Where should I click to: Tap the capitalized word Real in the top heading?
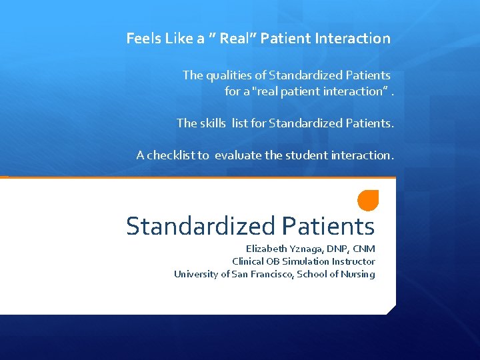click(x=234, y=39)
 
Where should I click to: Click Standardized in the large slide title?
click(x=201, y=227)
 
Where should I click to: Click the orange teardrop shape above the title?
click(x=367, y=200)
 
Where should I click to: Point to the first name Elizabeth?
click(x=265, y=249)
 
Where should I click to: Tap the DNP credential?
click(x=337, y=249)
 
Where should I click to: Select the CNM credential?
click(x=364, y=249)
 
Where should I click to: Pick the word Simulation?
click(x=308, y=261)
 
